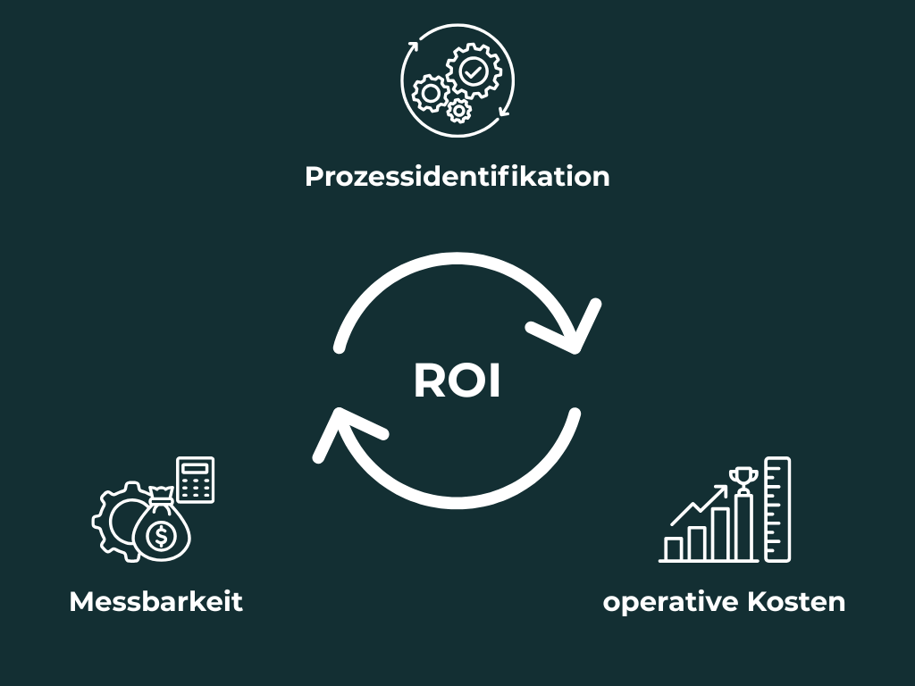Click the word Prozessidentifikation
[457, 176]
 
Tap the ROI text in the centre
[457, 381]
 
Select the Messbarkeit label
[155, 601]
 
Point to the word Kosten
[796, 601]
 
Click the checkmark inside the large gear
[472, 70]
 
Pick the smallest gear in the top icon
[459, 111]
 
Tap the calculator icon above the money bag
[196, 480]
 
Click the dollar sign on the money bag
[161, 536]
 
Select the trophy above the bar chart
[743, 480]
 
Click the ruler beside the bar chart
[777, 508]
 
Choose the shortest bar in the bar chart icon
[675, 548]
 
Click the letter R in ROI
[430, 381]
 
